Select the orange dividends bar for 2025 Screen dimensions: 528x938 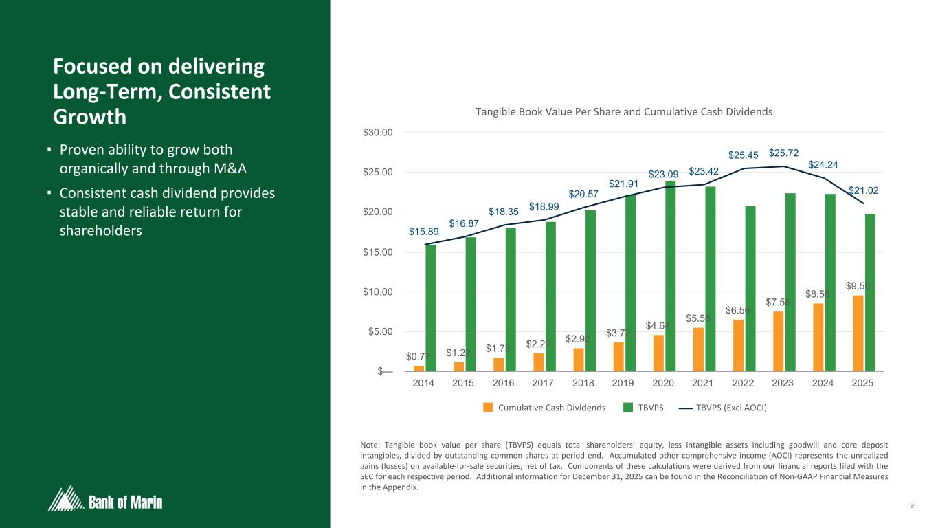pyautogui.click(x=858, y=333)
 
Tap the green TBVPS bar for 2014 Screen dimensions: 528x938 pyautogui.click(x=431, y=308)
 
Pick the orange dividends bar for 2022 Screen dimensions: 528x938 pyautogui.click(x=739, y=346)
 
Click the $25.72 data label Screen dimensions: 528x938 pyautogui.click(x=784, y=152)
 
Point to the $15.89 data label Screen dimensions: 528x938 pyautogui.click(x=422, y=232)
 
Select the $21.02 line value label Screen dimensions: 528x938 pyautogui.click(x=863, y=190)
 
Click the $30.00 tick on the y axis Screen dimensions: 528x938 pyautogui.click(x=379, y=132)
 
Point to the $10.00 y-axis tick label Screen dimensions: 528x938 pyautogui.click(x=379, y=292)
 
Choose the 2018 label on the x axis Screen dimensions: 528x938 pyautogui.click(x=583, y=384)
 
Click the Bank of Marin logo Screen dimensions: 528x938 pyautogui.click(x=105, y=499)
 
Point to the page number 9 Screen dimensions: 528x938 pyautogui.click(x=911, y=507)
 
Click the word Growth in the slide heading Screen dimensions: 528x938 pyautogui.click(x=89, y=116)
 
